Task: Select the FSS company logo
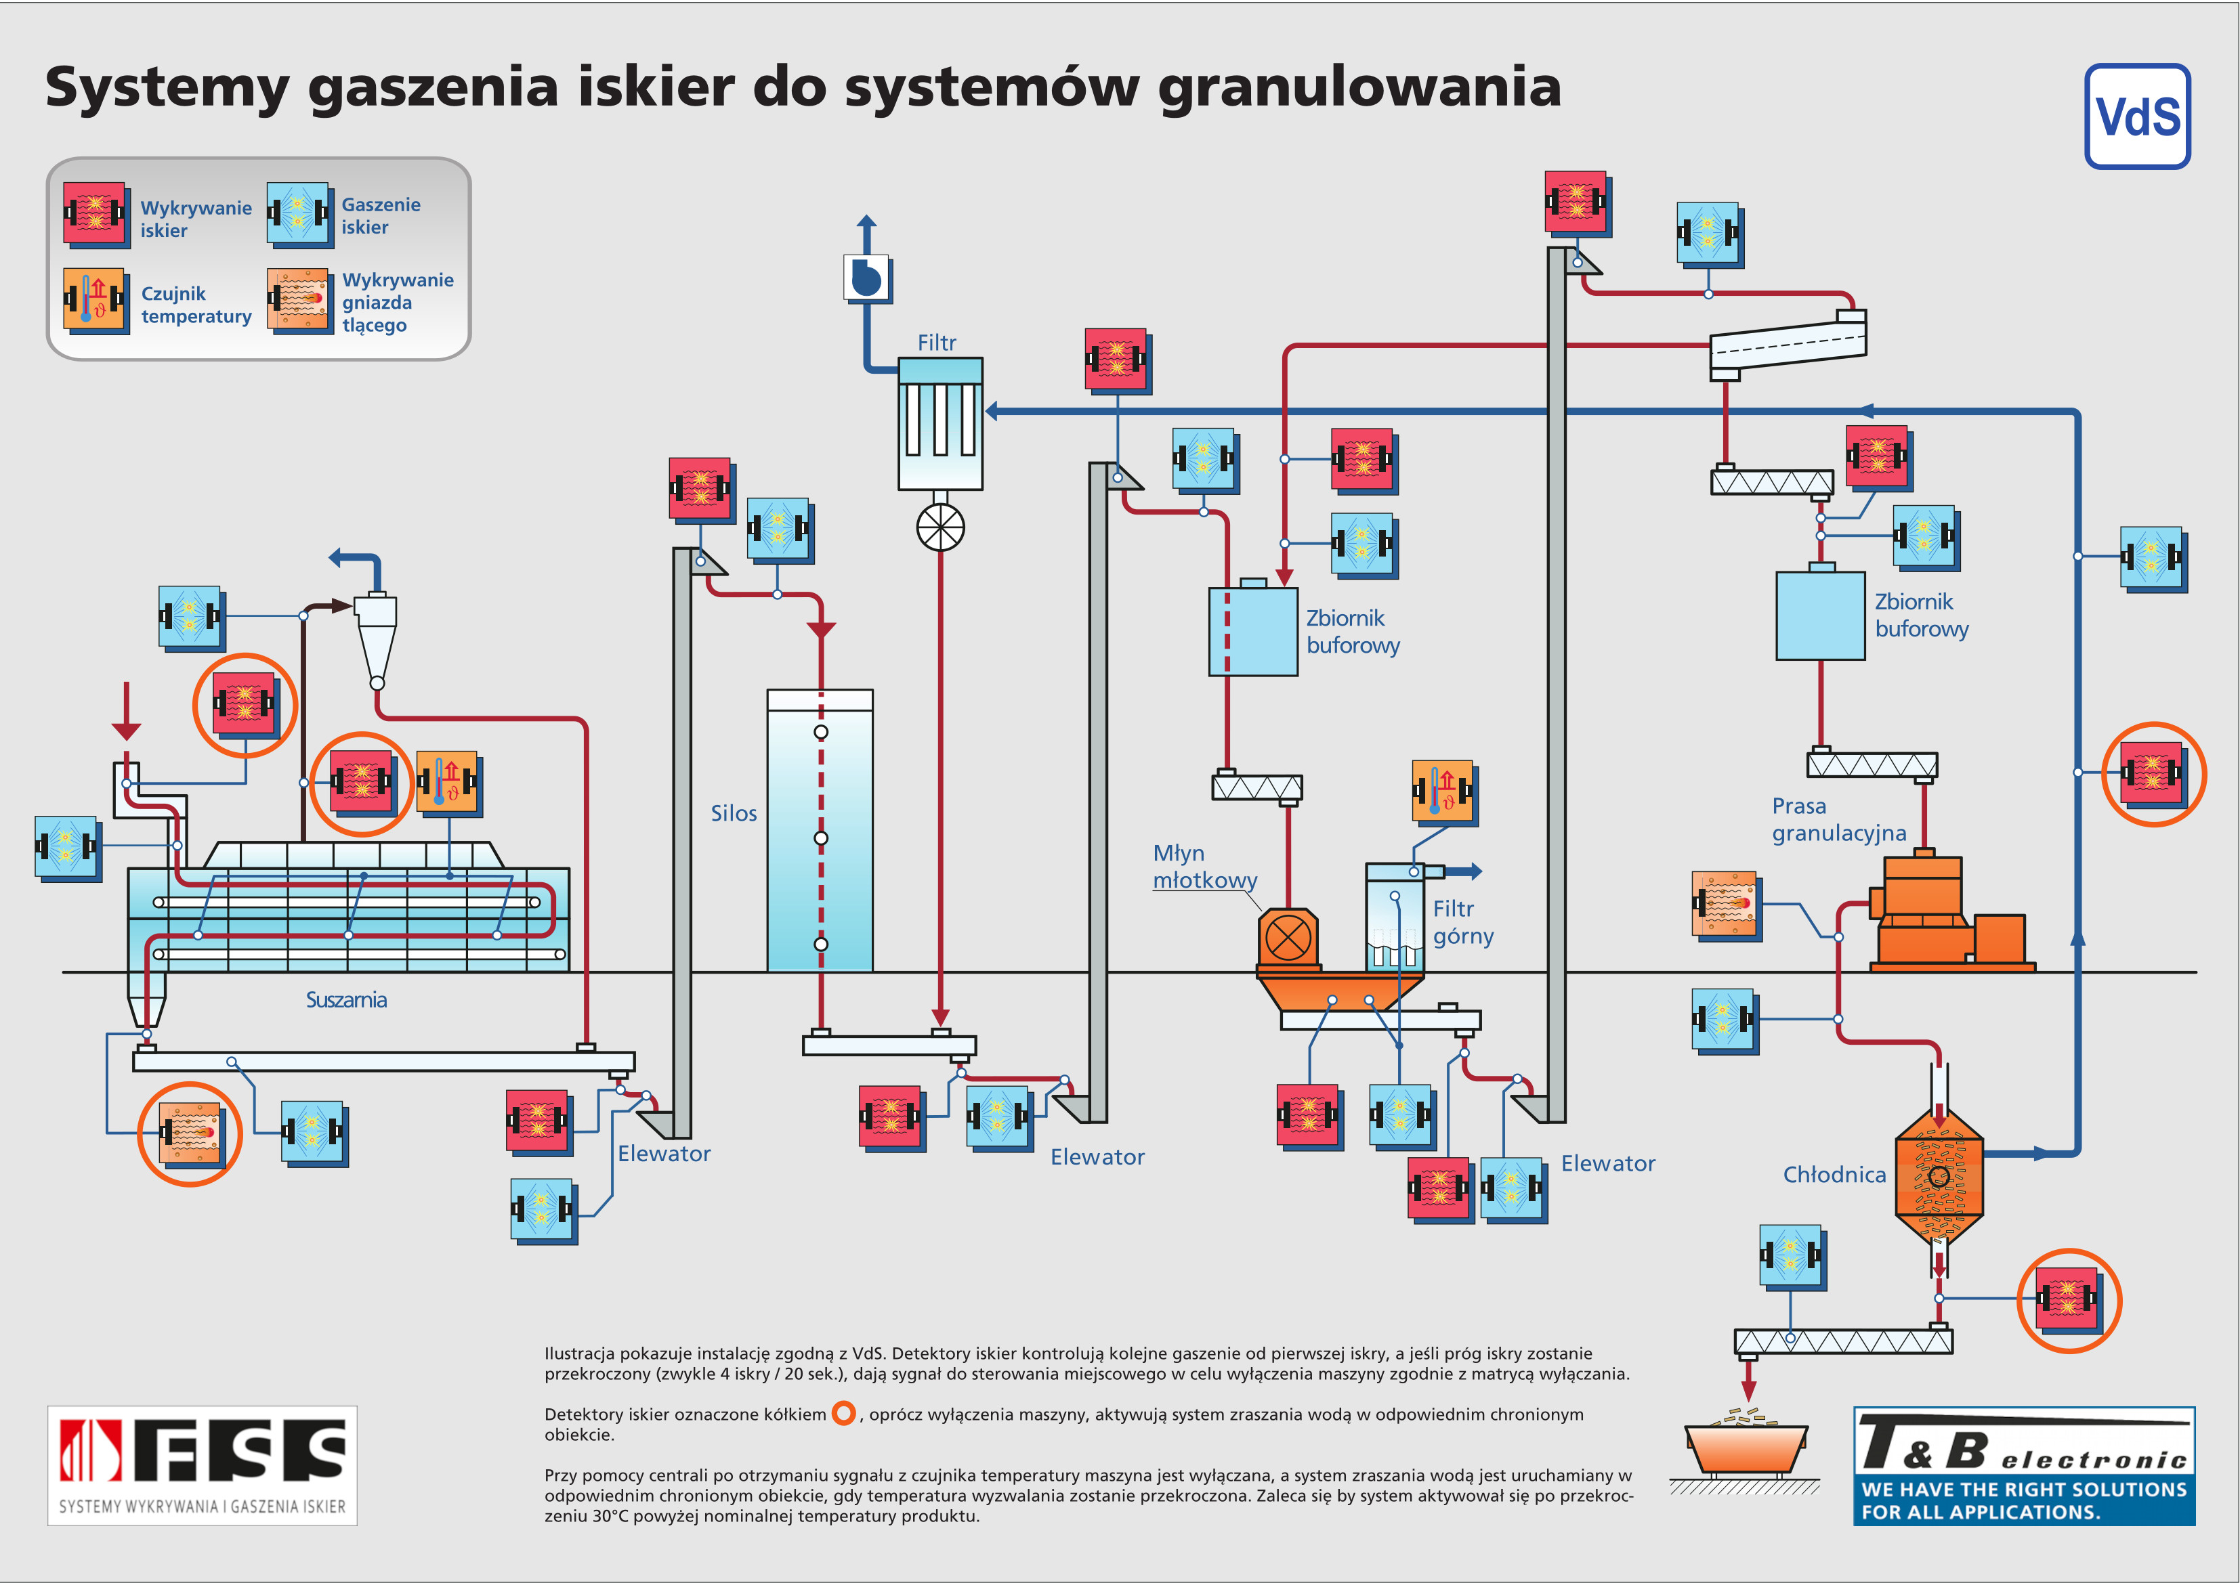tap(202, 1465)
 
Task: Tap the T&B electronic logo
tap(2025, 1466)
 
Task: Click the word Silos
tap(734, 812)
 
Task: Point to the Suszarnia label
tap(346, 1000)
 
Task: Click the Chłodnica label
tap(1834, 1174)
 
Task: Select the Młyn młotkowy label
tap(1205, 866)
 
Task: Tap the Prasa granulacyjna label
tap(1839, 819)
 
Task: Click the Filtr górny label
tap(1462, 921)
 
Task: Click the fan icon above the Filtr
tap(866, 278)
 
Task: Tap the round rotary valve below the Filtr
tap(940, 527)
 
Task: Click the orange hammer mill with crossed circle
tap(1288, 938)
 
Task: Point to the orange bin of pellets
tap(1746, 1448)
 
